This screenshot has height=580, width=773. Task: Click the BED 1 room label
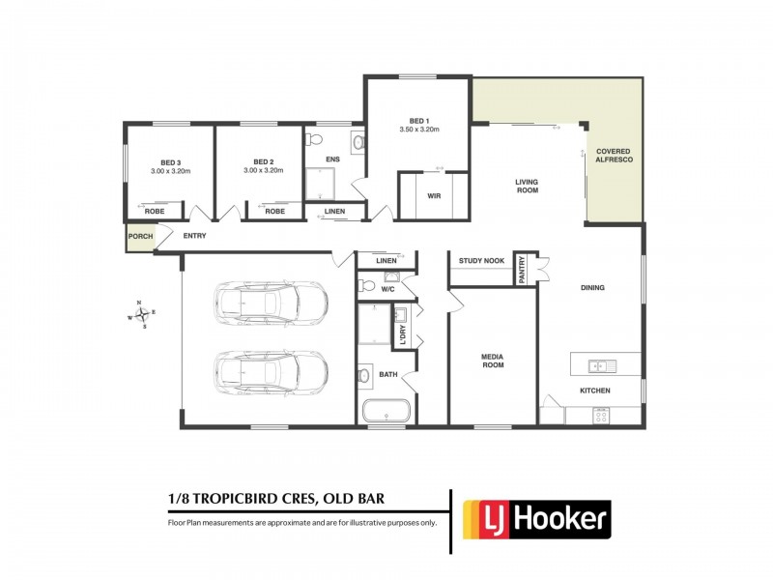click(419, 120)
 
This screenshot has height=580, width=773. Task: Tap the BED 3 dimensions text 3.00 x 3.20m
click(170, 171)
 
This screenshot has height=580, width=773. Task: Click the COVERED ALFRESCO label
click(616, 158)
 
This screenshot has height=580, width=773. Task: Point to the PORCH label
click(139, 236)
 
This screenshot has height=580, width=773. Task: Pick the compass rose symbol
click(140, 314)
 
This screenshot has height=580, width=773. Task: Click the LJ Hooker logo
click(536, 519)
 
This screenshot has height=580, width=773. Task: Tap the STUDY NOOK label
click(481, 261)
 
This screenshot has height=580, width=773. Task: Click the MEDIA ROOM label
click(493, 362)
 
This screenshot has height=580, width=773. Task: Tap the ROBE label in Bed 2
click(275, 211)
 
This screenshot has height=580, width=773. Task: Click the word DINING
click(592, 288)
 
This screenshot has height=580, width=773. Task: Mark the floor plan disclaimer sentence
click(302, 522)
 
